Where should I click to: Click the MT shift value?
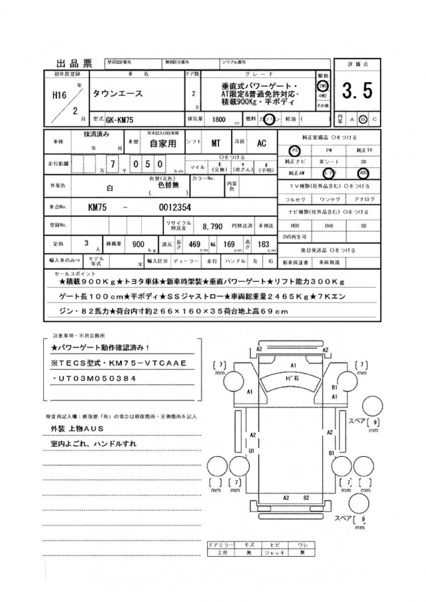coord(216,143)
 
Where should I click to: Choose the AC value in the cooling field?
coord(262,143)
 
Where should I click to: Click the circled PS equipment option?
coord(294,150)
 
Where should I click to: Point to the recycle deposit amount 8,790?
coord(213,226)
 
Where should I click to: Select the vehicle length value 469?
coord(194,244)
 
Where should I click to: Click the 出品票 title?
coord(73,64)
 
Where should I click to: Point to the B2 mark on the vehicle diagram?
coord(306,497)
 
